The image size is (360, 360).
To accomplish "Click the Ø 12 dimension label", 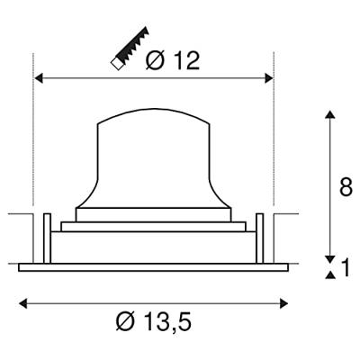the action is coord(173,60).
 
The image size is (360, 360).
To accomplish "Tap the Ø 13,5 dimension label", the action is coord(153,321).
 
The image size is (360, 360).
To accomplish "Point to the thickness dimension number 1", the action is coord(346,268).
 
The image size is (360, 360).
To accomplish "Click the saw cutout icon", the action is coord(130,49).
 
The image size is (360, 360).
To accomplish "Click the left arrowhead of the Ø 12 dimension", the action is coord(39,78).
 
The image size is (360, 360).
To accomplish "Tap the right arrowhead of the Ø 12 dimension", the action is coord(268,78).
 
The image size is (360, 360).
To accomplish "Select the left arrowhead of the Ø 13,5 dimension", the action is coord(23,303).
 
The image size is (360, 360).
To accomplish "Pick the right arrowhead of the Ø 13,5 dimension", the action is coord(283,303).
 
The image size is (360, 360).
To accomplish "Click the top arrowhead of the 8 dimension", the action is coord(330,115).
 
